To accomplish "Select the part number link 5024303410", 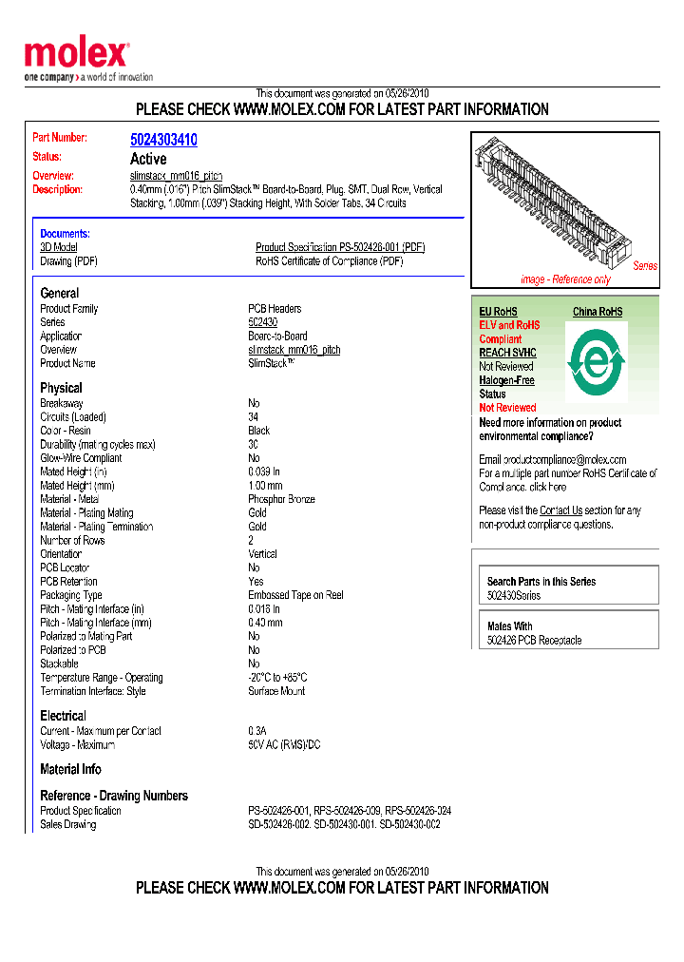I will click(163, 140).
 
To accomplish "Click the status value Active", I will click(147, 159).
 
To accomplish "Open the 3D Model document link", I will click(58, 247).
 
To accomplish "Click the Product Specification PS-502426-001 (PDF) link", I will click(340, 247).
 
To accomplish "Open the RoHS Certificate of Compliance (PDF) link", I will click(329, 261).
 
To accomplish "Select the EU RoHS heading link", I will click(498, 312).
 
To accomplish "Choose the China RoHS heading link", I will click(598, 312).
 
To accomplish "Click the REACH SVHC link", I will click(507, 353).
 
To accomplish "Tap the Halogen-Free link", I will click(506, 380).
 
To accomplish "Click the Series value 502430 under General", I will click(262, 322).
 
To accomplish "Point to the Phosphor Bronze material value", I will click(281, 499).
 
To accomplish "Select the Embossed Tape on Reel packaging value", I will click(295, 595).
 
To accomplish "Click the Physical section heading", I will click(61, 388).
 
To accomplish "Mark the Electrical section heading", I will click(63, 716).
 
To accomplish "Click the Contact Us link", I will click(560, 510).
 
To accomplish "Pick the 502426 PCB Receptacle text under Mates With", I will click(534, 641).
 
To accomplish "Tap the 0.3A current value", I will click(257, 731).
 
